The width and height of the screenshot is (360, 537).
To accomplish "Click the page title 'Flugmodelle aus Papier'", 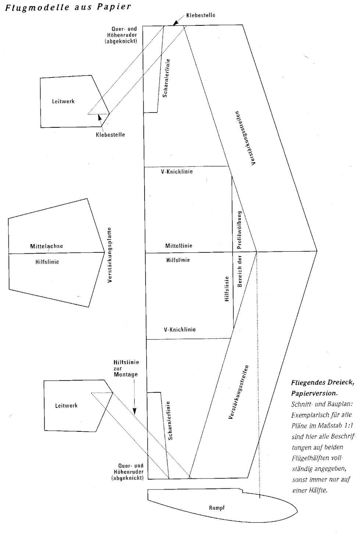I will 68,7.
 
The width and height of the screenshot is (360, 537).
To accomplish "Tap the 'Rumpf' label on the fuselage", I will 217,508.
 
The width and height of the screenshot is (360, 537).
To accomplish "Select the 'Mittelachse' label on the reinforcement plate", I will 46,246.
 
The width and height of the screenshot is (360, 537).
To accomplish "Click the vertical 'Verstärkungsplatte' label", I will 109,255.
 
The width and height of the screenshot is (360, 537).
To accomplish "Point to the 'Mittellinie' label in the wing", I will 179,246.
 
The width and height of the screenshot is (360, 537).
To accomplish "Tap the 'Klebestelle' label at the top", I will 200,15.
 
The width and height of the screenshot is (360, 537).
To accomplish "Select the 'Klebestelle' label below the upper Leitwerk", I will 110,135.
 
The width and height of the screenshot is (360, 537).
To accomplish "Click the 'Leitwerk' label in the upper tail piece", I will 63,101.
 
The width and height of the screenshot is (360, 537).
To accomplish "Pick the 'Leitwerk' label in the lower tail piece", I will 66,406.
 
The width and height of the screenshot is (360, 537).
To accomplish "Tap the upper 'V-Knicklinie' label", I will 177,172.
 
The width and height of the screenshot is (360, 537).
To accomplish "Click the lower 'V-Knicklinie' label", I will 179,329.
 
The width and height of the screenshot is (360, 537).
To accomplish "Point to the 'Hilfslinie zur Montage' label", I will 126,368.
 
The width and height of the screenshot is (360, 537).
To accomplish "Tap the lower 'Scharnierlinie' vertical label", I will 170,421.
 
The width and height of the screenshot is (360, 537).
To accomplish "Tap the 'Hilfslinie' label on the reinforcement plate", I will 47,262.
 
